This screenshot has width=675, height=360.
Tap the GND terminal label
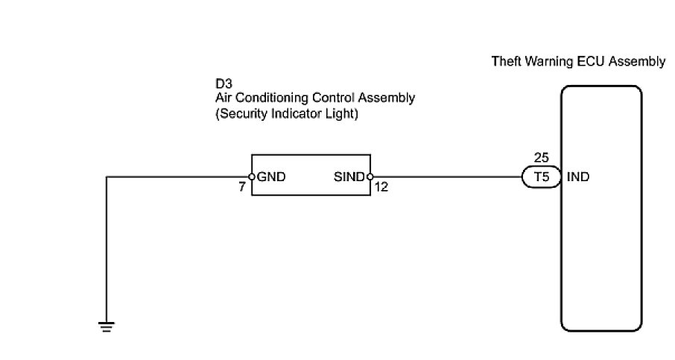272,177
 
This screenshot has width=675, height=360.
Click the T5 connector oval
539,177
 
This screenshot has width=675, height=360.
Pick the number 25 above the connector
542,158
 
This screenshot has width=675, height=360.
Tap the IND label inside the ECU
578,177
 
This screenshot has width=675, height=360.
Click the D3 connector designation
222,85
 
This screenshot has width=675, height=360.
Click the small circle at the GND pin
253,177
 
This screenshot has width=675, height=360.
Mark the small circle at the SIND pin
370,177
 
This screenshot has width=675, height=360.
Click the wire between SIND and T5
447,177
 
